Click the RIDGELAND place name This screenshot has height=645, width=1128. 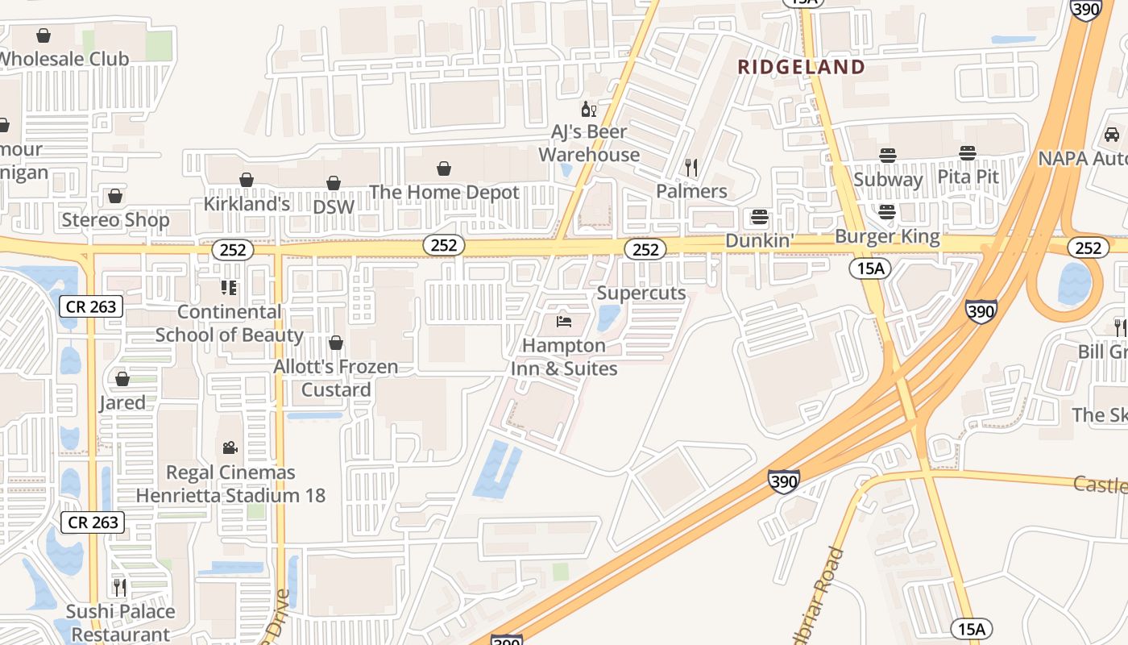pyautogui.click(x=801, y=67)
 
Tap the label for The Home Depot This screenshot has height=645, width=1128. pyautogui.click(x=444, y=193)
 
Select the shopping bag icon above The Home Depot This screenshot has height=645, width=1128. pyautogui.click(x=444, y=168)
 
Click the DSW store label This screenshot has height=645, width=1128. pyautogui.click(x=334, y=206)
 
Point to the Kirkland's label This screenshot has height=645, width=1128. pyautogui.click(x=247, y=204)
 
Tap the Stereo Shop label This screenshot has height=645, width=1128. pyautogui.click(x=115, y=220)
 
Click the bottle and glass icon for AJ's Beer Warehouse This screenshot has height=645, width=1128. pyautogui.click(x=589, y=110)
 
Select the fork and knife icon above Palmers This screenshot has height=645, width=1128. pyautogui.click(x=691, y=168)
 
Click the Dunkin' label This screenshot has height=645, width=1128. pyautogui.click(x=760, y=240)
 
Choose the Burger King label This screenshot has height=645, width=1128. pyautogui.click(x=887, y=236)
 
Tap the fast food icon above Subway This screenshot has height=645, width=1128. pyautogui.click(x=887, y=155)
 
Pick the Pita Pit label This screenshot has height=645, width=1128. pyautogui.click(x=968, y=177)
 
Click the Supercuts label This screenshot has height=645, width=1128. pyautogui.click(x=641, y=293)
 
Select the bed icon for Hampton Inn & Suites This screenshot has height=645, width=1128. pyautogui.click(x=564, y=322)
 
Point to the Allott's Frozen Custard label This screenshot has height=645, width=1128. pyautogui.click(x=336, y=378)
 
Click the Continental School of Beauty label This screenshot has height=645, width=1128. pyautogui.click(x=230, y=323)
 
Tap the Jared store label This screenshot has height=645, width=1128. pyautogui.click(x=122, y=402)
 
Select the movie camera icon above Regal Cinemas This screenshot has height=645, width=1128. pyautogui.click(x=230, y=447)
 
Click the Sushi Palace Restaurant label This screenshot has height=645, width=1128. pyautogui.click(x=121, y=623)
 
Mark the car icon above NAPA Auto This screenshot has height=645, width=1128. pyautogui.click(x=1112, y=134)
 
